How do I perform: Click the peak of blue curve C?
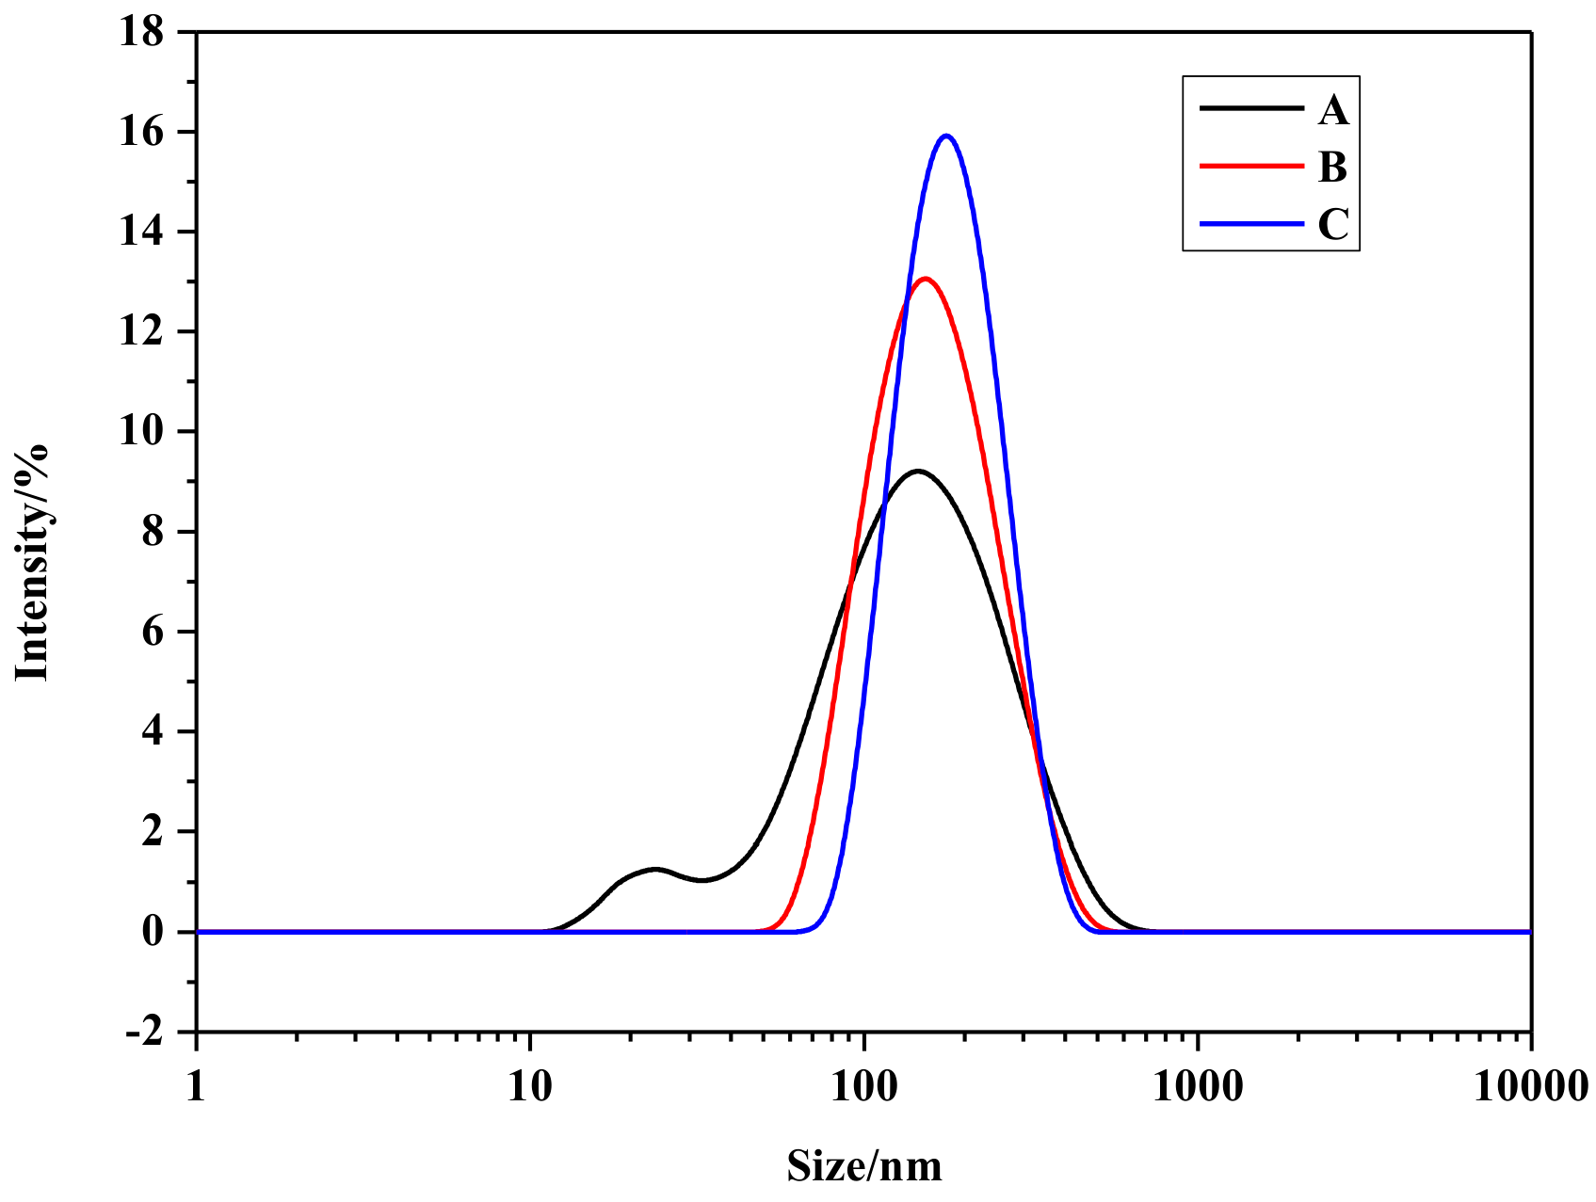coord(946,136)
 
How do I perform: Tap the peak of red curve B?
coord(926,279)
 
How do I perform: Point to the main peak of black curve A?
coord(917,471)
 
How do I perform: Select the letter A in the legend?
coord(1333,111)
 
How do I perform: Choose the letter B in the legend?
coord(1333,168)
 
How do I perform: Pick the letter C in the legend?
coord(1333,225)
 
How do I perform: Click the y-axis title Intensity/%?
coord(32,561)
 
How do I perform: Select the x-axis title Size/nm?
coord(864,1166)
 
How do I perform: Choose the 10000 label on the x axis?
coord(1532,1087)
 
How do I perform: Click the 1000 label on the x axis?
coord(1198,1087)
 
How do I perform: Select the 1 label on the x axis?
coord(196,1087)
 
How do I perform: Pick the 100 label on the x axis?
coord(864,1087)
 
